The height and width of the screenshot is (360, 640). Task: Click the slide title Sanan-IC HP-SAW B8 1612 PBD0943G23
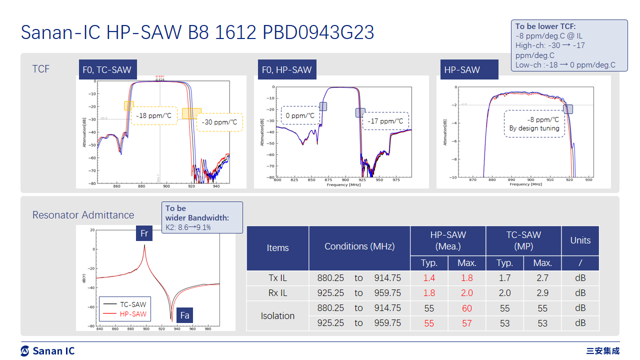(197, 33)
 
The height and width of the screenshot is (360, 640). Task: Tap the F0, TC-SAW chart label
(107, 70)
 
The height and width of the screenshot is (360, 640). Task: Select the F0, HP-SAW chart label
(286, 70)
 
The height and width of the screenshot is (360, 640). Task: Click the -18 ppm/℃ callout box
(154, 115)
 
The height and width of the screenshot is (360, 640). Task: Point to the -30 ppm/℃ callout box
(219, 122)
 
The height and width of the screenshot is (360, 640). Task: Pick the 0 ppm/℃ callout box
(299, 115)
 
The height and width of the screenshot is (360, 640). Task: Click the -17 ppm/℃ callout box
(385, 121)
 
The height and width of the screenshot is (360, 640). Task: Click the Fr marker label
(144, 233)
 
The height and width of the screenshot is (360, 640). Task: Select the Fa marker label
(184, 315)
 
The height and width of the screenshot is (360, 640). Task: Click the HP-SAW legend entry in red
(133, 314)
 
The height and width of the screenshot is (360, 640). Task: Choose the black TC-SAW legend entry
(133, 304)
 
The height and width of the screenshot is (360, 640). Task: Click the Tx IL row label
(277, 278)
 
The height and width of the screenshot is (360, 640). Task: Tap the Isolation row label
(277, 315)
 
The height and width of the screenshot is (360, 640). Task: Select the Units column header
(580, 240)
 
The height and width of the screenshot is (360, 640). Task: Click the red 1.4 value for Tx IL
(429, 278)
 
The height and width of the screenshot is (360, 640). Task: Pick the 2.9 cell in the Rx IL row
(542, 293)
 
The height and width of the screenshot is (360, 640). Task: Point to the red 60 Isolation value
(466, 308)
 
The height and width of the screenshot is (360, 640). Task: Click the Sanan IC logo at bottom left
(47, 351)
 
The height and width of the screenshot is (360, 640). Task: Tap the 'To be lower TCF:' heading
(545, 26)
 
